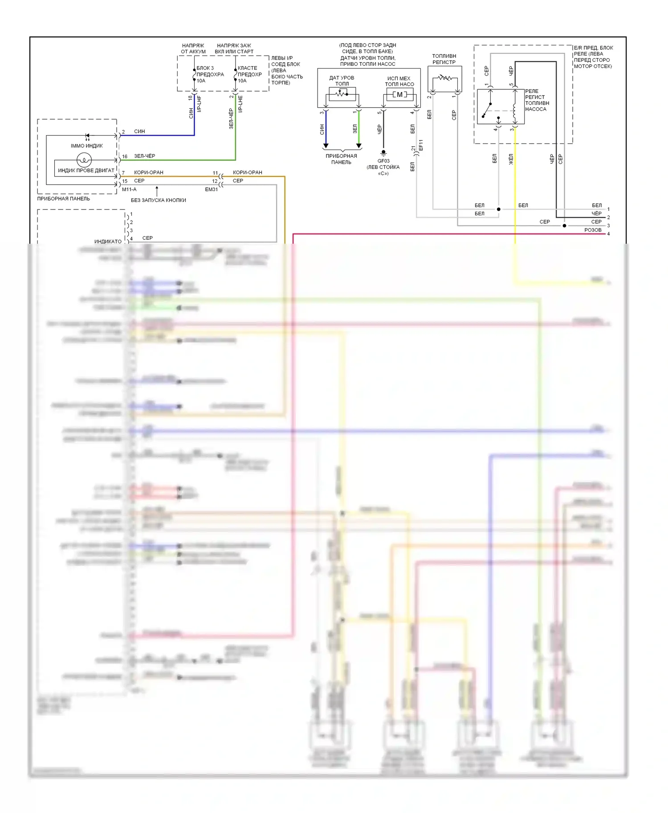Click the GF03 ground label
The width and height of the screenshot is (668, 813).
click(x=383, y=161)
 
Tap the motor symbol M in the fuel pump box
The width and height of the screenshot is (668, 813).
click(x=399, y=94)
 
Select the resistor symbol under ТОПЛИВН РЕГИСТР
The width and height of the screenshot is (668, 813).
click(x=444, y=78)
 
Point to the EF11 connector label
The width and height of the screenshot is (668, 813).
click(x=421, y=145)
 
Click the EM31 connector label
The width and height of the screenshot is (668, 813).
click(x=212, y=189)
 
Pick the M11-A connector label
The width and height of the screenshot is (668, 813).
click(x=129, y=189)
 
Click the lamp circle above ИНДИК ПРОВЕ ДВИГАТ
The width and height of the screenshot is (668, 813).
click(x=84, y=159)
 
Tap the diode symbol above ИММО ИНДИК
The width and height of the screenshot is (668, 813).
click(x=87, y=135)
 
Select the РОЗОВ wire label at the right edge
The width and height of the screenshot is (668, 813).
click(x=593, y=230)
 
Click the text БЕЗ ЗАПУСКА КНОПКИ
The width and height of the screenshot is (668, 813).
click(x=159, y=200)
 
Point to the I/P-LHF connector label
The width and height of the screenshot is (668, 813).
click(x=199, y=104)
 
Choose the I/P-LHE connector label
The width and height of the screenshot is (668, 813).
click(x=240, y=104)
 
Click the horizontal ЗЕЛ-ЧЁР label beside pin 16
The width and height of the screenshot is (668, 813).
click(x=145, y=156)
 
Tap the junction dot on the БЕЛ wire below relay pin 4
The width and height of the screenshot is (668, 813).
click(x=499, y=209)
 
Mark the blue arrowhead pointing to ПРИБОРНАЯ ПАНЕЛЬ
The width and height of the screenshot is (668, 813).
click(x=326, y=146)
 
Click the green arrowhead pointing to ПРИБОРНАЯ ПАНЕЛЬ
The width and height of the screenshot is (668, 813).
click(x=359, y=146)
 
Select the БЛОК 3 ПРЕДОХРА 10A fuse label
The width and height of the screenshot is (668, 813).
click(x=210, y=74)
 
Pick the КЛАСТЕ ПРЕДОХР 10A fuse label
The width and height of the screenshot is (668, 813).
click(x=249, y=74)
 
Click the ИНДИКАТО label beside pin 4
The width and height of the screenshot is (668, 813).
click(x=108, y=241)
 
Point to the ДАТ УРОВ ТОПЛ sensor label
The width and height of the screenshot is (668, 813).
click(x=342, y=80)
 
